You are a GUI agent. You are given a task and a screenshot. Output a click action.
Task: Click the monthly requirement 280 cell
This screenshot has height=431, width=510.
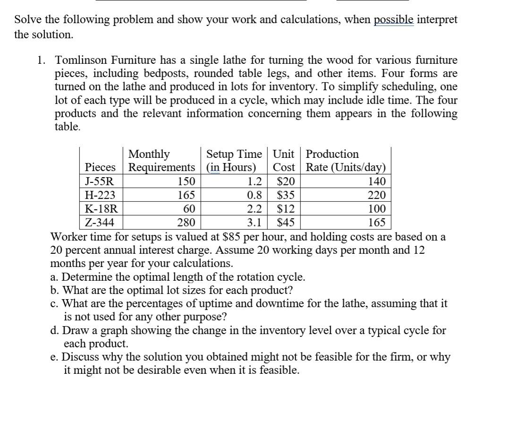[x=187, y=223]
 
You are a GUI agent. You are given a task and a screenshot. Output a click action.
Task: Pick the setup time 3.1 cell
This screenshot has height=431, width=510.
[x=255, y=223]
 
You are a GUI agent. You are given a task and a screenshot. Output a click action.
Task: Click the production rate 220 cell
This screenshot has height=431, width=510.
[x=376, y=195]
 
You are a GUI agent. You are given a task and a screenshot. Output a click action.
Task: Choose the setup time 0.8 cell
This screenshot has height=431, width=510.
[x=255, y=195]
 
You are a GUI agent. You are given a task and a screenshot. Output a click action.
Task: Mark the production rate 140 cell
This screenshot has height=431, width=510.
[x=376, y=181]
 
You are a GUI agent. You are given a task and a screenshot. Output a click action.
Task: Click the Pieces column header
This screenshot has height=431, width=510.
[x=100, y=168]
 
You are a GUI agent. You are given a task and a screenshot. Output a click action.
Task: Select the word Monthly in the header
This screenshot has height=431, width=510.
[x=149, y=154]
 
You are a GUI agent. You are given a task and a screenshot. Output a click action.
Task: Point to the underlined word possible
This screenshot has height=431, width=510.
[x=393, y=21]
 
